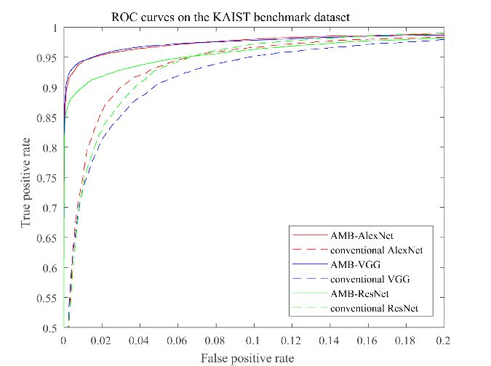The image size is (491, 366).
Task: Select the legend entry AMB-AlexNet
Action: tap(357, 236)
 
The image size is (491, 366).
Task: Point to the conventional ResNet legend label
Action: tap(372, 310)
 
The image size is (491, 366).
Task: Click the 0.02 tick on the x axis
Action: tap(102, 340)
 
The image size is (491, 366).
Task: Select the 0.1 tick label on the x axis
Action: tap(253, 340)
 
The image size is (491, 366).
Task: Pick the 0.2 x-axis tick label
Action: tap(442, 340)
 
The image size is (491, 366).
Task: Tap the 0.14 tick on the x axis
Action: tap(329, 340)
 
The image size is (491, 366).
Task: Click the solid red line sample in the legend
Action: tap(307, 236)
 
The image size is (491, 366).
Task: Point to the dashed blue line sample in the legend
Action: tap(307, 280)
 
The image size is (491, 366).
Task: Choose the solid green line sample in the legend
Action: tap(307, 295)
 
